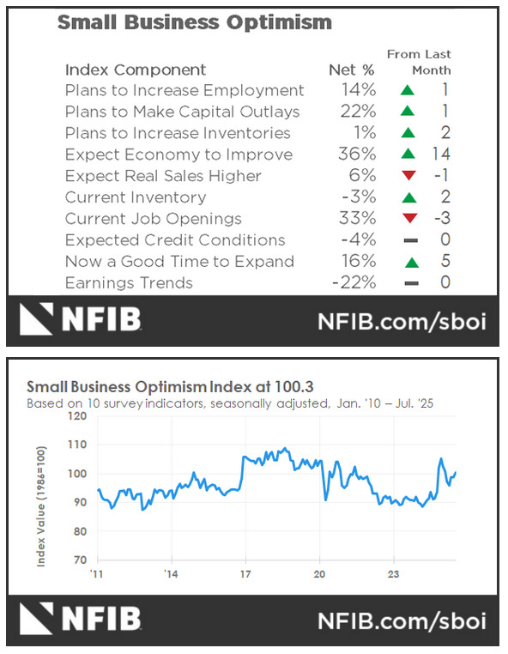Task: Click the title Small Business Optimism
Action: [x=194, y=22]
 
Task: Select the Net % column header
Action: [x=352, y=70]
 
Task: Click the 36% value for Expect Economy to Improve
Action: [x=356, y=154]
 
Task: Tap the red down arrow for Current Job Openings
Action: [x=408, y=219]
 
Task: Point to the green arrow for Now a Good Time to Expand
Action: [x=408, y=262]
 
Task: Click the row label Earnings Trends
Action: [x=129, y=283]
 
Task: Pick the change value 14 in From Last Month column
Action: [x=443, y=154]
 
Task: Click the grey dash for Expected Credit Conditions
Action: [x=408, y=240]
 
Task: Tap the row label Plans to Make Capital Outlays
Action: [x=182, y=112]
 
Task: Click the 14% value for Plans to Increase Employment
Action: [x=356, y=90]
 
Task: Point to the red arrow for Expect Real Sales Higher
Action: [x=408, y=176]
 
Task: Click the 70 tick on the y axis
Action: [x=80, y=560]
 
